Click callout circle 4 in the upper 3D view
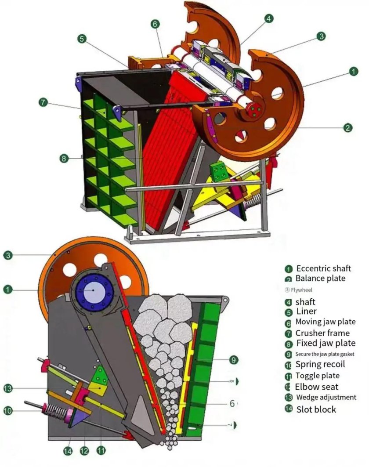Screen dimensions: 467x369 point(269,19)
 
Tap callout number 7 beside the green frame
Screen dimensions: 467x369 point(43,102)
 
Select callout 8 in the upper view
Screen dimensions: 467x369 point(65,158)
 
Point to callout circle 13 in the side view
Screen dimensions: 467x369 point(8,388)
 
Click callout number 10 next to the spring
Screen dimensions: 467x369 point(8,411)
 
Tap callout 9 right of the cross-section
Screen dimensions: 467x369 point(233,360)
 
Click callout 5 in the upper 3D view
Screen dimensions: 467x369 point(82,39)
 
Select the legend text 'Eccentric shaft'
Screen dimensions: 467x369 point(324,268)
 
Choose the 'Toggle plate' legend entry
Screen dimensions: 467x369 point(317,376)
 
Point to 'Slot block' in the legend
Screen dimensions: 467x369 point(315,409)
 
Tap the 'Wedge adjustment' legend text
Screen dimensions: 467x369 point(326,397)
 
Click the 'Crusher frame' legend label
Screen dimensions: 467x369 point(322,333)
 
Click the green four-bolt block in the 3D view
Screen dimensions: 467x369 point(220,172)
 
